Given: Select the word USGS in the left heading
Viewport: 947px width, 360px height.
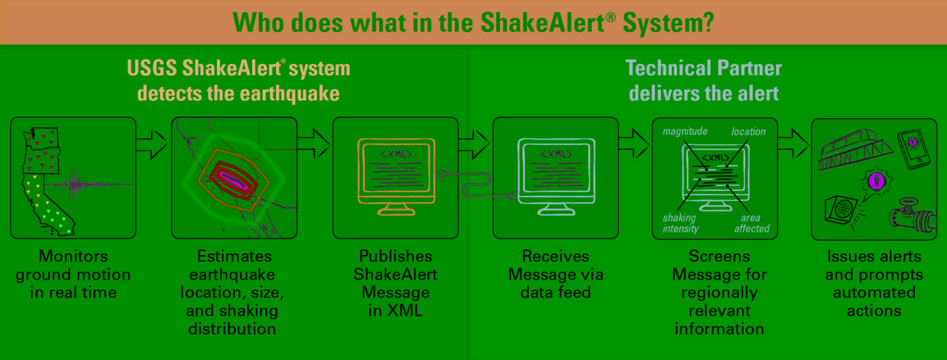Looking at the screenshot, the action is [x=152, y=68].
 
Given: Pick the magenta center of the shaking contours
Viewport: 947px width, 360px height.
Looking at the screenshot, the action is [x=234, y=180].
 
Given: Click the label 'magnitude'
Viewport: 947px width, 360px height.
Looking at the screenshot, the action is [x=685, y=131].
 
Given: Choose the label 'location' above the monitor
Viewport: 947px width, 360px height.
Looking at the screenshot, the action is [x=748, y=131].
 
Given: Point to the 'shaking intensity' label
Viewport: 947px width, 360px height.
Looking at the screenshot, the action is [x=680, y=223].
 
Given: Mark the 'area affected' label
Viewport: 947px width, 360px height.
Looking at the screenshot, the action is [x=752, y=223].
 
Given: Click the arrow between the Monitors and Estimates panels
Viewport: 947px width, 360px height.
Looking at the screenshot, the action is [x=151, y=144].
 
